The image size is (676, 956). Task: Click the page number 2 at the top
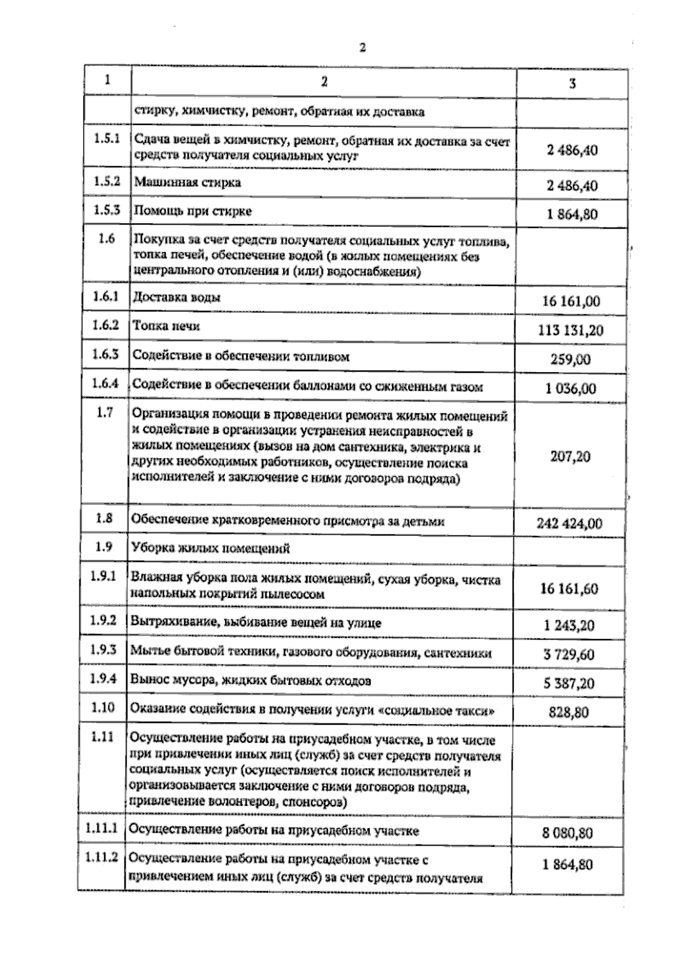point(362,48)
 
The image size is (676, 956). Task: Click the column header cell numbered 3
point(572,84)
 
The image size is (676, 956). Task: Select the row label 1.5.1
point(107,139)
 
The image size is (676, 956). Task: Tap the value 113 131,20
point(571,330)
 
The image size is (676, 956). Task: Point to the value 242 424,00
point(570,524)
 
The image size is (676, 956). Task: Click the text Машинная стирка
point(188,182)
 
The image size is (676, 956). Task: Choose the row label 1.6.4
point(105,383)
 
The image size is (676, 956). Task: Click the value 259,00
point(571,359)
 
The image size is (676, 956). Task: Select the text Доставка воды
point(176,297)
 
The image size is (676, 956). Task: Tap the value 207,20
point(571,455)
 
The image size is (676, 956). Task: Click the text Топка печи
point(166,326)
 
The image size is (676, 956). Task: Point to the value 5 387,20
point(569,684)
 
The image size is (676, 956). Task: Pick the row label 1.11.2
point(102,857)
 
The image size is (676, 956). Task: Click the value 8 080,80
point(567,833)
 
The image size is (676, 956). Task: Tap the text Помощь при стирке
point(192,211)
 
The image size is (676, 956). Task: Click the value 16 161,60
point(569,589)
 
